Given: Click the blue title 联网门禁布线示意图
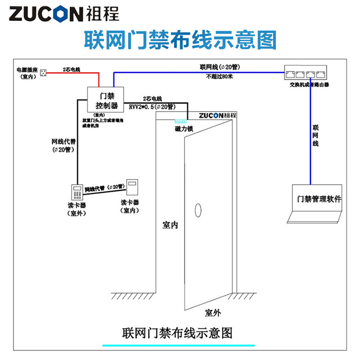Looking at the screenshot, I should (180, 40).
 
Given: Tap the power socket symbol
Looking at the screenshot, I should (44, 72).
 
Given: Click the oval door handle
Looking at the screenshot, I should (197, 209).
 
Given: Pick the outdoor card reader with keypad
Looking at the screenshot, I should (76, 192).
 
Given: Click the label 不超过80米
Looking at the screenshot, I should (220, 76).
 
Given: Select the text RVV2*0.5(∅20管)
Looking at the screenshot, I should (152, 107).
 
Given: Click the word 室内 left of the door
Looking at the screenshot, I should (170, 225).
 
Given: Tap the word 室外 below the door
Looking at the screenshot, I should (213, 313).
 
